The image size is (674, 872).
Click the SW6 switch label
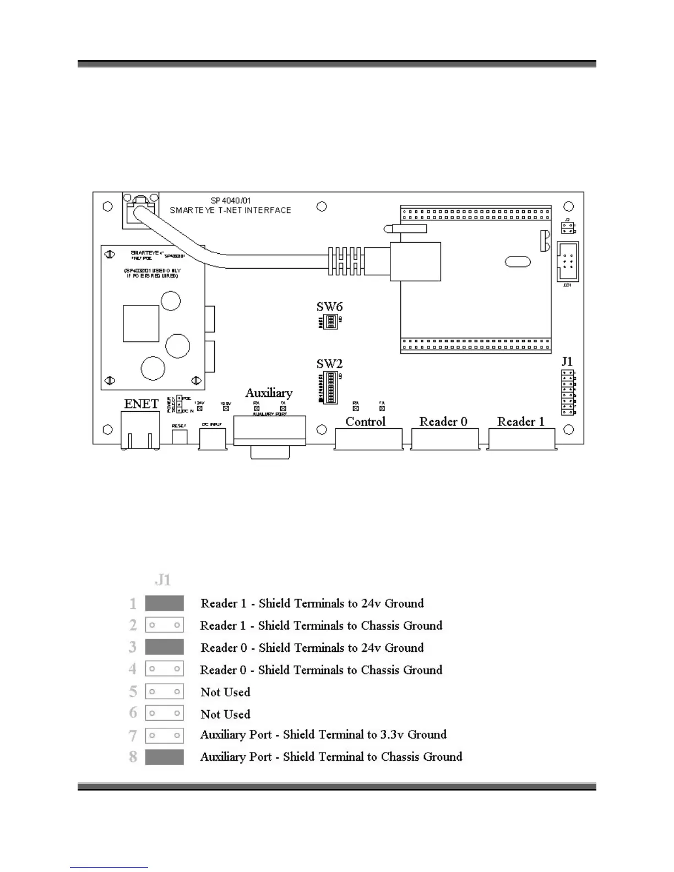coord(329,307)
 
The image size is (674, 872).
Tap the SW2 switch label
coord(329,364)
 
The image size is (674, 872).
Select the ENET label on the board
coord(141,404)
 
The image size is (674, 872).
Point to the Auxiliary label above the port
coord(269,393)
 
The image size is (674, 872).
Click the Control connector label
coord(366,422)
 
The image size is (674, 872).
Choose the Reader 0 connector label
coord(443,422)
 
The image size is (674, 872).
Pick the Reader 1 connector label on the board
coord(520,422)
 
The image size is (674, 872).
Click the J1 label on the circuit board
coord(567,362)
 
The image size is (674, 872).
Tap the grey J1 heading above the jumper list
coord(163,580)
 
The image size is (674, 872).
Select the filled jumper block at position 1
coord(165,603)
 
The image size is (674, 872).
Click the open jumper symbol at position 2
coord(165,625)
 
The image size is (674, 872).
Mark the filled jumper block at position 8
coord(165,757)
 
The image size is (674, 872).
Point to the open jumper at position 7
coord(165,735)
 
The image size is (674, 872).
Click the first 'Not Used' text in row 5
coord(225,692)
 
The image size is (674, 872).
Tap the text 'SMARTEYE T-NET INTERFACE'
coord(230,210)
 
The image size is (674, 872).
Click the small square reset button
coord(180,437)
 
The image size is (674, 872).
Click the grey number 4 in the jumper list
coord(133,669)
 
